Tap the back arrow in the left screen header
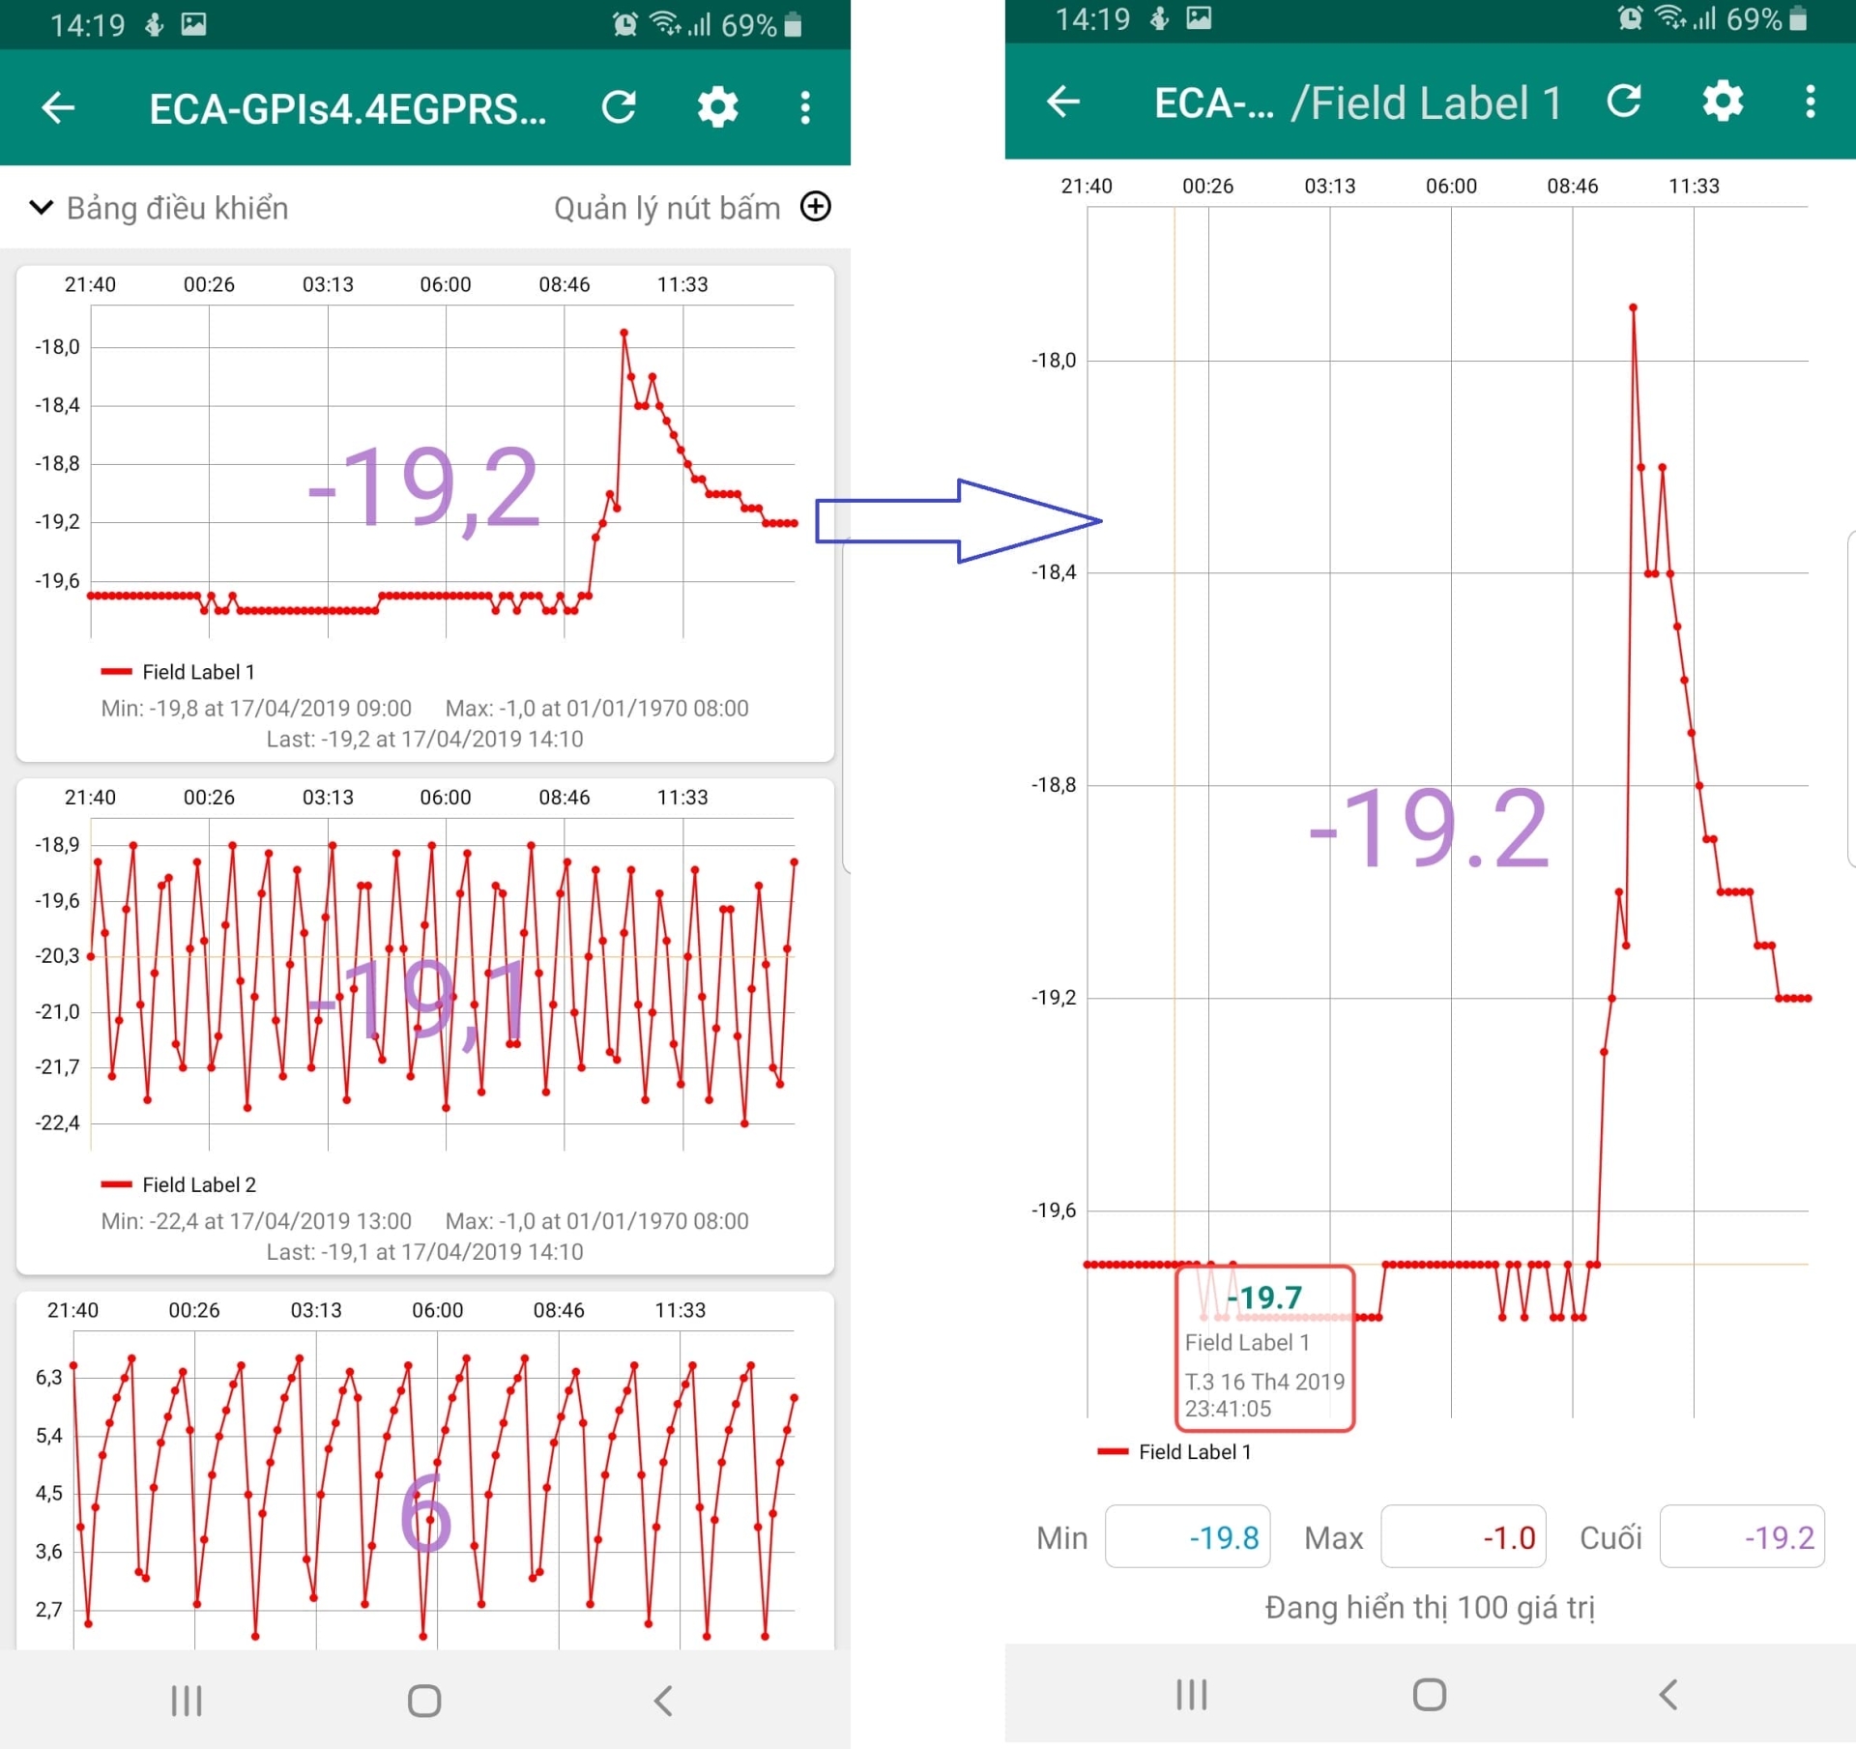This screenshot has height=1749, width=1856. click(x=58, y=107)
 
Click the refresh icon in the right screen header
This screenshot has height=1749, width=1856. click(x=1624, y=102)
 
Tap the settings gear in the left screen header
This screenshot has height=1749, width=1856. click(x=717, y=107)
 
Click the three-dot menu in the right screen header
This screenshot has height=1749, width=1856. click(x=1811, y=102)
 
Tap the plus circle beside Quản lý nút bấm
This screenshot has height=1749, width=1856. click(x=816, y=207)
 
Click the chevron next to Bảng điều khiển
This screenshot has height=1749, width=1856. click(x=42, y=207)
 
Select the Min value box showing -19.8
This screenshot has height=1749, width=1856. click(x=1187, y=1536)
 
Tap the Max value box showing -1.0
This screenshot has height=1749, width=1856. click(x=1464, y=1536)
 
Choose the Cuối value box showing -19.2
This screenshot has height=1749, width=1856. click(x=1742, y=1536)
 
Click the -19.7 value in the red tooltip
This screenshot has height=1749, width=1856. click(x=1265, y=1297)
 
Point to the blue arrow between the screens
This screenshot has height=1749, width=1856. click(x=958, y=520)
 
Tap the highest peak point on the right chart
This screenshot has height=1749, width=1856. click(x=1633, y=307)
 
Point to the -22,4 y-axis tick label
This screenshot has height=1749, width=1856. click(x=58, y=1122)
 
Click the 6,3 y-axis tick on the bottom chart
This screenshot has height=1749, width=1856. click(x=49, y=1377)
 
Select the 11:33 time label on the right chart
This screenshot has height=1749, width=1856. click(x=1694, y=186)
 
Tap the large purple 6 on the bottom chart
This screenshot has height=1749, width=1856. click(x=425, y=1514)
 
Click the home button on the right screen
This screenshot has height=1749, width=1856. click(x=1430, y=1694)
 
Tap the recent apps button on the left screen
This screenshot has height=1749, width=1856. click(x=187, y=1701)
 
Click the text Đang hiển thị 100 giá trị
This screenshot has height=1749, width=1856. click(x=1430, y=1607)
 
